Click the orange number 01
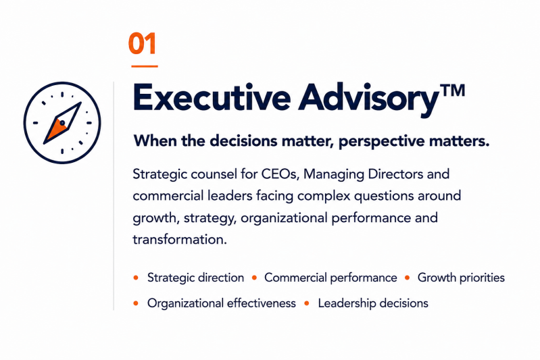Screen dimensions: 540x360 (x=142, y=43)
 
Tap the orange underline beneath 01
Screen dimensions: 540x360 (x=145, y=66)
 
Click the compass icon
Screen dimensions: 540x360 (x=62, y=122)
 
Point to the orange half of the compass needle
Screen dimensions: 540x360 (x=55, y=130)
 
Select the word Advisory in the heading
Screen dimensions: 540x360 (x=368, y=99)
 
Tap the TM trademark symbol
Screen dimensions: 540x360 (x=453, y=91)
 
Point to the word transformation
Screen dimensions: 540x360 (x=179, y=239)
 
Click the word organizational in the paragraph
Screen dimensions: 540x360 (x=284, y=218)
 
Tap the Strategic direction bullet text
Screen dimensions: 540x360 (x=195, y=278)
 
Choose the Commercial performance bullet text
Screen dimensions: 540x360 (x=330, y=278)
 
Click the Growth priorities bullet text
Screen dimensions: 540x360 (x=461, y=278)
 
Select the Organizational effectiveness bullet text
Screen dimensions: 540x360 (x=222, y=303)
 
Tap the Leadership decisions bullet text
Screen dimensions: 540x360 (x=373, y=303)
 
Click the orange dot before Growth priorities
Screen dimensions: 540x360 (x=408, y=278)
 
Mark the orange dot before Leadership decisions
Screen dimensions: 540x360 (x=307, y=303)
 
